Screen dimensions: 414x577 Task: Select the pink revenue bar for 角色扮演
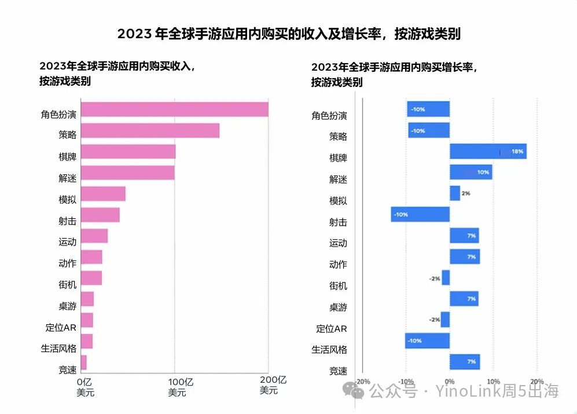(x=174, y=109)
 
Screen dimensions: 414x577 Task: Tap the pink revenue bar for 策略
(x=150, y=131)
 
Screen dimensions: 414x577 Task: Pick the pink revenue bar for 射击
(x=100, y=215)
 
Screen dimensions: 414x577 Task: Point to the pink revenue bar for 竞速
(x=83, y=362)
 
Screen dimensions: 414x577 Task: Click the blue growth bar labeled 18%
(x=488, y=152)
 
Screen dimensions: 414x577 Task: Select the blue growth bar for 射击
(x=420, y=214)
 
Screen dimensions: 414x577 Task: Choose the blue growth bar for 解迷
(x=471, y=172)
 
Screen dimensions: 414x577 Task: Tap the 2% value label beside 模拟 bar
(x=466, y=193)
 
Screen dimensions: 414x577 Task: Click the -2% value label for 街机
(x=435, y=279)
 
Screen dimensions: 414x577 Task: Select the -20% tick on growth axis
(x=362, y=382)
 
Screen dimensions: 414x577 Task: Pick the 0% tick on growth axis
(x=450, y=382)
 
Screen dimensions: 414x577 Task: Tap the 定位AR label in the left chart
(x=61, y=328)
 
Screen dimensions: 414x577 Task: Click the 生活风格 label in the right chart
(x=329, y=350)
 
